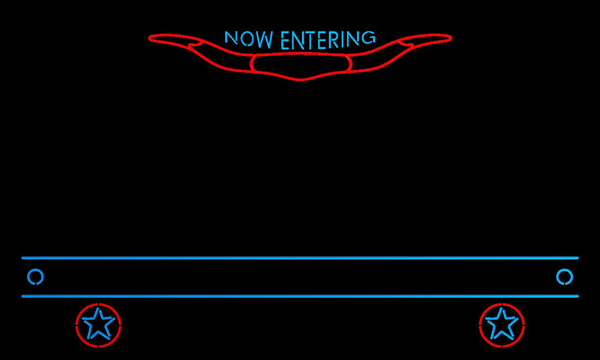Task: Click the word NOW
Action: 249,39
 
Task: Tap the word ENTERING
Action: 328,40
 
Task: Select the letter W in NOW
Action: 265,40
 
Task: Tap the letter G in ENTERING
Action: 368,37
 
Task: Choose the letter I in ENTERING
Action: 344,40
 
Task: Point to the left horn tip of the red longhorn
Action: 149,38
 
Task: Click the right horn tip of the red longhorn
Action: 452,38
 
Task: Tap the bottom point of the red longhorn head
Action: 301,80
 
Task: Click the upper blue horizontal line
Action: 300,258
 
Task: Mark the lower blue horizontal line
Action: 300,296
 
